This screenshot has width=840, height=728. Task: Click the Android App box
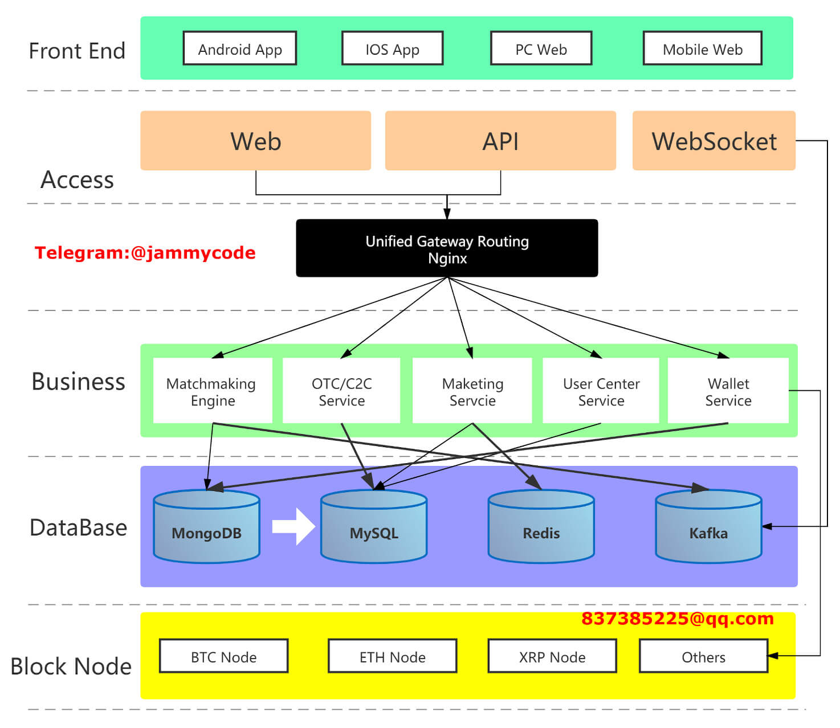click(240, 48)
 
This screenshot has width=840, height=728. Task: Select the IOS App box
click(392, 48)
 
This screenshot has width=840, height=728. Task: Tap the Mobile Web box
click(702, 48)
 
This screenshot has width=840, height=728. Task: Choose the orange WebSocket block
click(713, 141)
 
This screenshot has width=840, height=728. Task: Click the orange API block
click(500, 141)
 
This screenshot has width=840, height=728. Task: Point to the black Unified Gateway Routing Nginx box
click(447, 249)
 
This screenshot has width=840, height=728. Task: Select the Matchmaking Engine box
click(212, 391)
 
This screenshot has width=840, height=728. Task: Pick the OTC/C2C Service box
click(341, 391)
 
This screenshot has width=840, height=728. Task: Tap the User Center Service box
click(601, 391)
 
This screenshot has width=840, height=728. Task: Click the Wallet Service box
click(728, 391)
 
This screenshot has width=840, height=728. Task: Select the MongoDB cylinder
click(206, 527)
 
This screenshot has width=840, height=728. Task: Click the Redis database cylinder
click(541, 527)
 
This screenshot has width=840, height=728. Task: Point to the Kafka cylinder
click(708, 527)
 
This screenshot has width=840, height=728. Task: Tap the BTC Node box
click(223, 656)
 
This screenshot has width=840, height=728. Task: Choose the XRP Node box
click(552, 656)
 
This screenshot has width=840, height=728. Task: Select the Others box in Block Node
click(703, 656)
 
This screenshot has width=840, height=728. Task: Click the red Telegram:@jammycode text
click(145, 252)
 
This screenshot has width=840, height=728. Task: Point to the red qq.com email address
click(677, 619)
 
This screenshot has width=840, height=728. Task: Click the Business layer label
click(78, 381)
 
